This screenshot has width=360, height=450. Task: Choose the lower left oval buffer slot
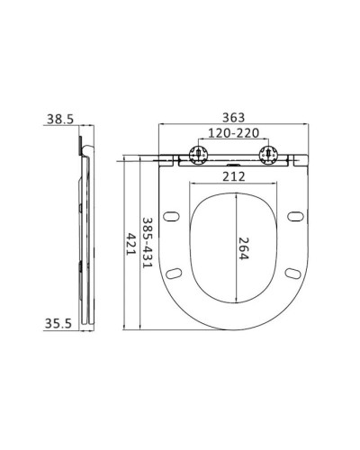click(x=176, y=273)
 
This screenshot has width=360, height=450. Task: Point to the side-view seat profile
click(x=85, y=243)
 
